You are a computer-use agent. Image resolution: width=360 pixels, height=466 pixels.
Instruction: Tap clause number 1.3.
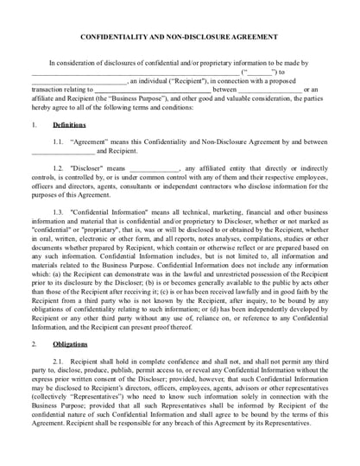pyautogui.click(x=58, y=211)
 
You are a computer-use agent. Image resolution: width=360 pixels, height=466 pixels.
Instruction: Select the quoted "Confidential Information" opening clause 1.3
pyautogui.click(x=113, y=211)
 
